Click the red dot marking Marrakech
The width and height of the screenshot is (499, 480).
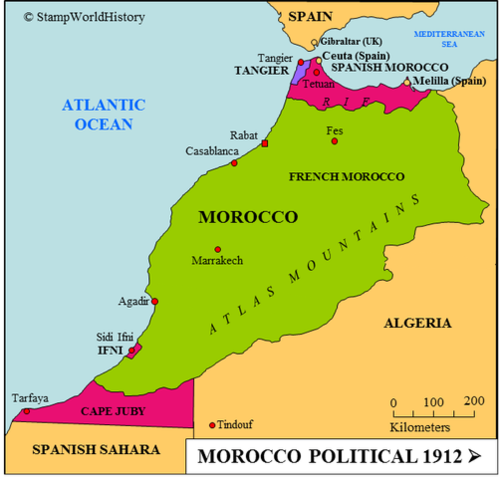(x=217, y=249)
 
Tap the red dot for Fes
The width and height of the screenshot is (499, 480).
(x=334, y=141)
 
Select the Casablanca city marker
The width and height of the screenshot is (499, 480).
(x=234, y=162)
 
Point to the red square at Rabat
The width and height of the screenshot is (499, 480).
(x=265, y=145)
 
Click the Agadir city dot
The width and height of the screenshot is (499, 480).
(x=154, y=301)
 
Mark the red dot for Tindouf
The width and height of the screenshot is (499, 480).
(x=211, y=424)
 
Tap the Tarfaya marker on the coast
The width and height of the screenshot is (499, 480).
(x=26, y=411)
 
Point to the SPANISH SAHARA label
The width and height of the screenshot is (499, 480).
(x=96, y=450)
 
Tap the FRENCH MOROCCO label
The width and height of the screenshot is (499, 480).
(x=346, y=176)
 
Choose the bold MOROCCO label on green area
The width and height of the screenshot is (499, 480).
(x=248, y=216)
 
